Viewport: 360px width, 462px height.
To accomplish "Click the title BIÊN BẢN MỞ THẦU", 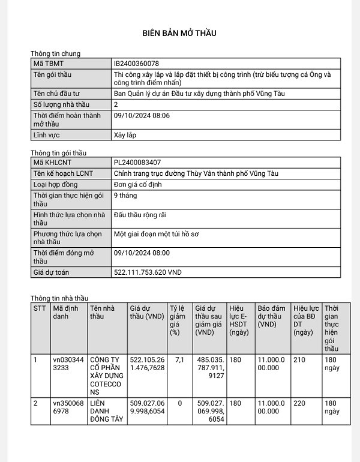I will [x=179, y=32].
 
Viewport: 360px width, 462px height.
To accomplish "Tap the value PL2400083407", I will [x=137, y=163].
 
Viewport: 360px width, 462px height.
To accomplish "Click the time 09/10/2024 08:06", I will [x=142, y=115].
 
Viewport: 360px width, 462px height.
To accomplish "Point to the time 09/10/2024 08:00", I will [x=142, y=253].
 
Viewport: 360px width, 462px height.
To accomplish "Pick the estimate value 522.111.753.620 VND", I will [x=148, y=272].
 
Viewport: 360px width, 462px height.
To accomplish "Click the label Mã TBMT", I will [x=48, y=63].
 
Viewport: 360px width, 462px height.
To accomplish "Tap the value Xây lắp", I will [x=125, y=135].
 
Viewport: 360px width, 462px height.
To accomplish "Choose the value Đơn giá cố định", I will [x=138, y=184].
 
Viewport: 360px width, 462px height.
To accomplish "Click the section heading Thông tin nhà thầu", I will [x=59, y=298].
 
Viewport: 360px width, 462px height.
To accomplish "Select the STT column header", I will [x=40, y=308].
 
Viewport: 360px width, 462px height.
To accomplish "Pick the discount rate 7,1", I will [x=175, y=360].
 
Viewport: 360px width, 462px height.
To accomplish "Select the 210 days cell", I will [x=299, y=360].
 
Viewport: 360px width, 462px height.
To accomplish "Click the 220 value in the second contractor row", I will [x=299, y=404].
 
